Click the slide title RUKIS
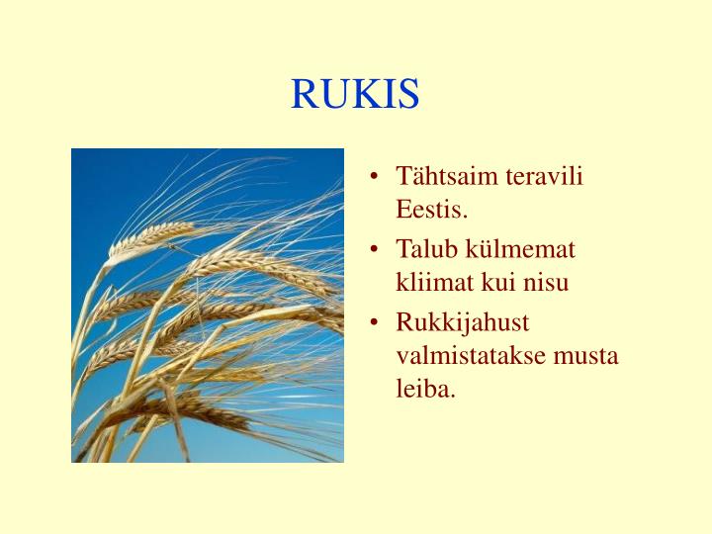[355, 95]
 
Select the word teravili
[544, 177]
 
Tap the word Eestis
[431, 211]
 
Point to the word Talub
[427, 249]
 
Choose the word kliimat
[435, 283]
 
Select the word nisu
[548, 283]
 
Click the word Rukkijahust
[462, 323]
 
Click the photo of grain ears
[208, 306]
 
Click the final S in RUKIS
[409, 95]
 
